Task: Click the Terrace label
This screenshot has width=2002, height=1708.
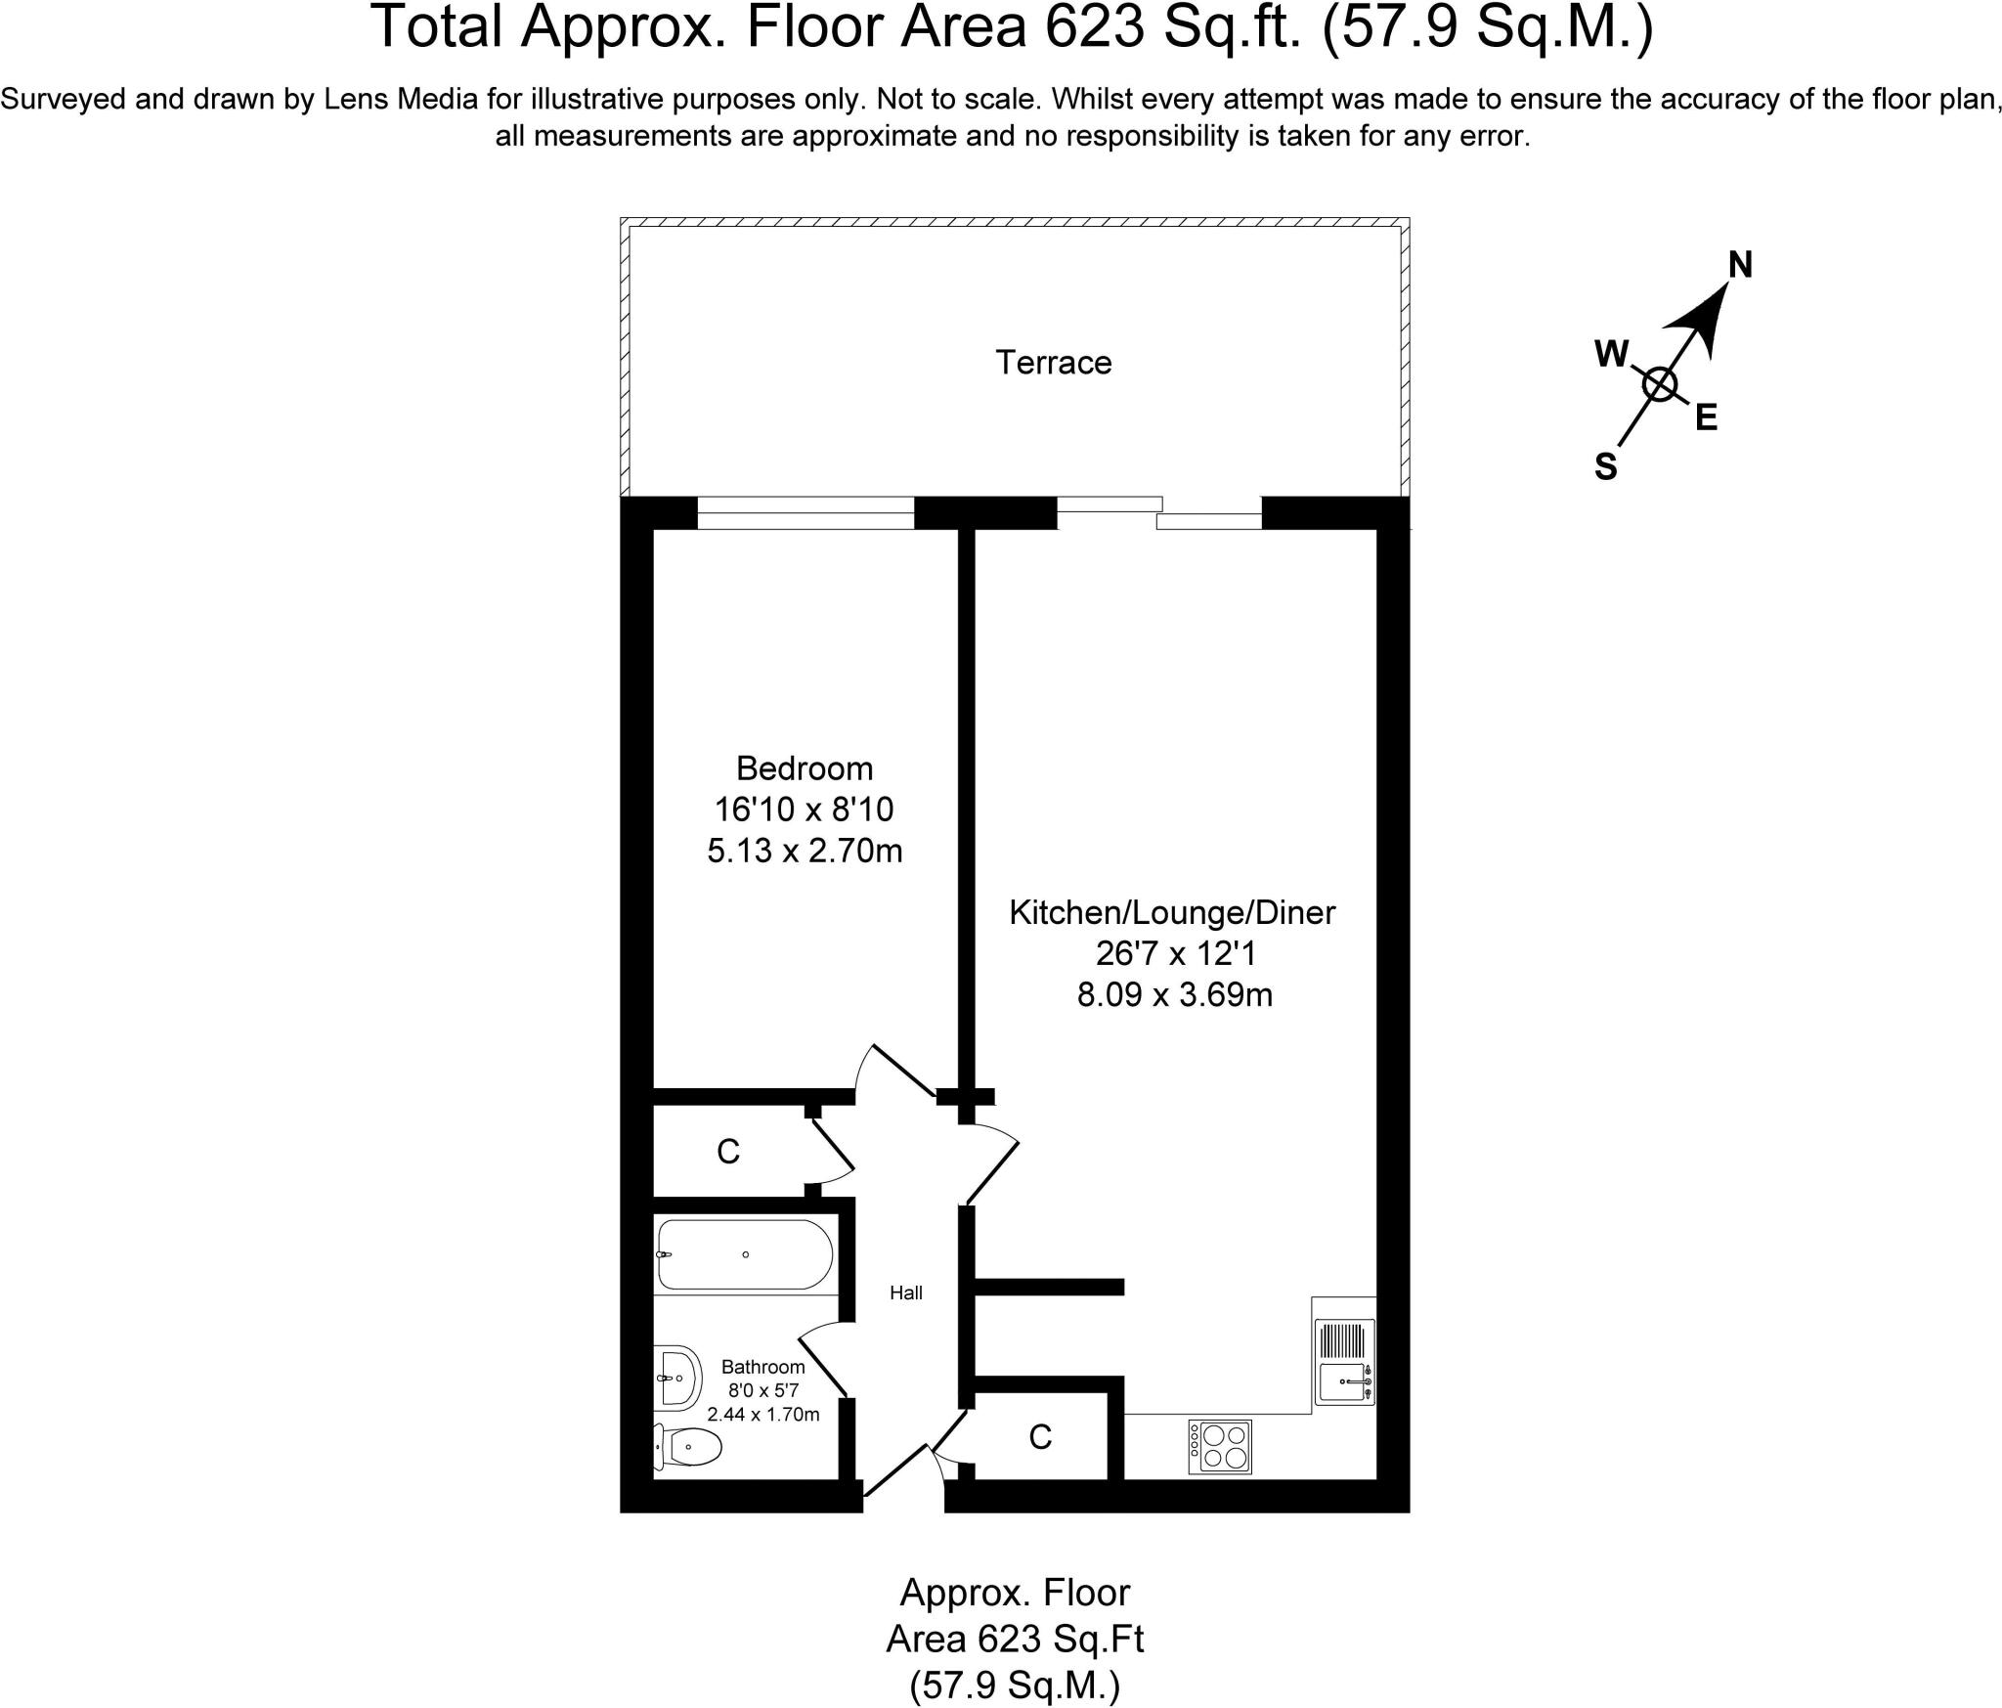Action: click(1053, 363)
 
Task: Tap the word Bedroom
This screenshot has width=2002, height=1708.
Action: click(804, 768)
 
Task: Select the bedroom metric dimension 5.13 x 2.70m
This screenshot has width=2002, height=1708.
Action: click(804, 852)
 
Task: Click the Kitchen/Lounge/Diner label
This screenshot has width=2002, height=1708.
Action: click(1172, 912)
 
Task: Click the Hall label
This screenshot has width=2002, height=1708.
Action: click(905, 1293)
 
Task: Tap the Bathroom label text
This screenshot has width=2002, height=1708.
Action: click(762, 1367)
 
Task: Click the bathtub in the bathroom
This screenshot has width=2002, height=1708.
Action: click(745, 1254)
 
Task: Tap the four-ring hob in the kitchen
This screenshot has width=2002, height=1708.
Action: click(1220, 1447)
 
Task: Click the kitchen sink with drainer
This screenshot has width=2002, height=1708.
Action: click(1344, 1363)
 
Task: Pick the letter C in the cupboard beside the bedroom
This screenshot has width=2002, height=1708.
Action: click(727, 1153)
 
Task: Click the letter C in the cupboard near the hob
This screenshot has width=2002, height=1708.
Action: click(1040, 1436)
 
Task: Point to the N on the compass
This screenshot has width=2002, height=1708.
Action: click(1740, 265)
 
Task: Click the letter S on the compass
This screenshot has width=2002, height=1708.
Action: click(1605, 467)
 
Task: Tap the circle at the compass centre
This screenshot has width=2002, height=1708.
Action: click(1659, 384)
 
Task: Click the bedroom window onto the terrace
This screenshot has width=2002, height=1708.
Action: click(805, 513)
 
